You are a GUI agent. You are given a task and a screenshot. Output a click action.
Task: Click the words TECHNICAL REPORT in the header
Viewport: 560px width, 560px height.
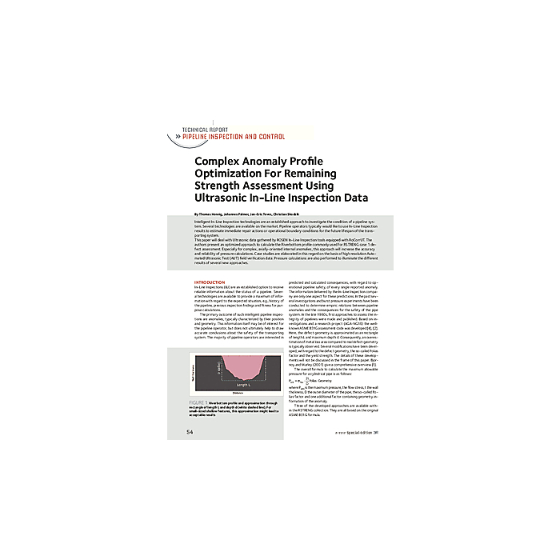[206, 129]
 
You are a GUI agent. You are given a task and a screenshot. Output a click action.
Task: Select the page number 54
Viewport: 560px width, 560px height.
[190, 432]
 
